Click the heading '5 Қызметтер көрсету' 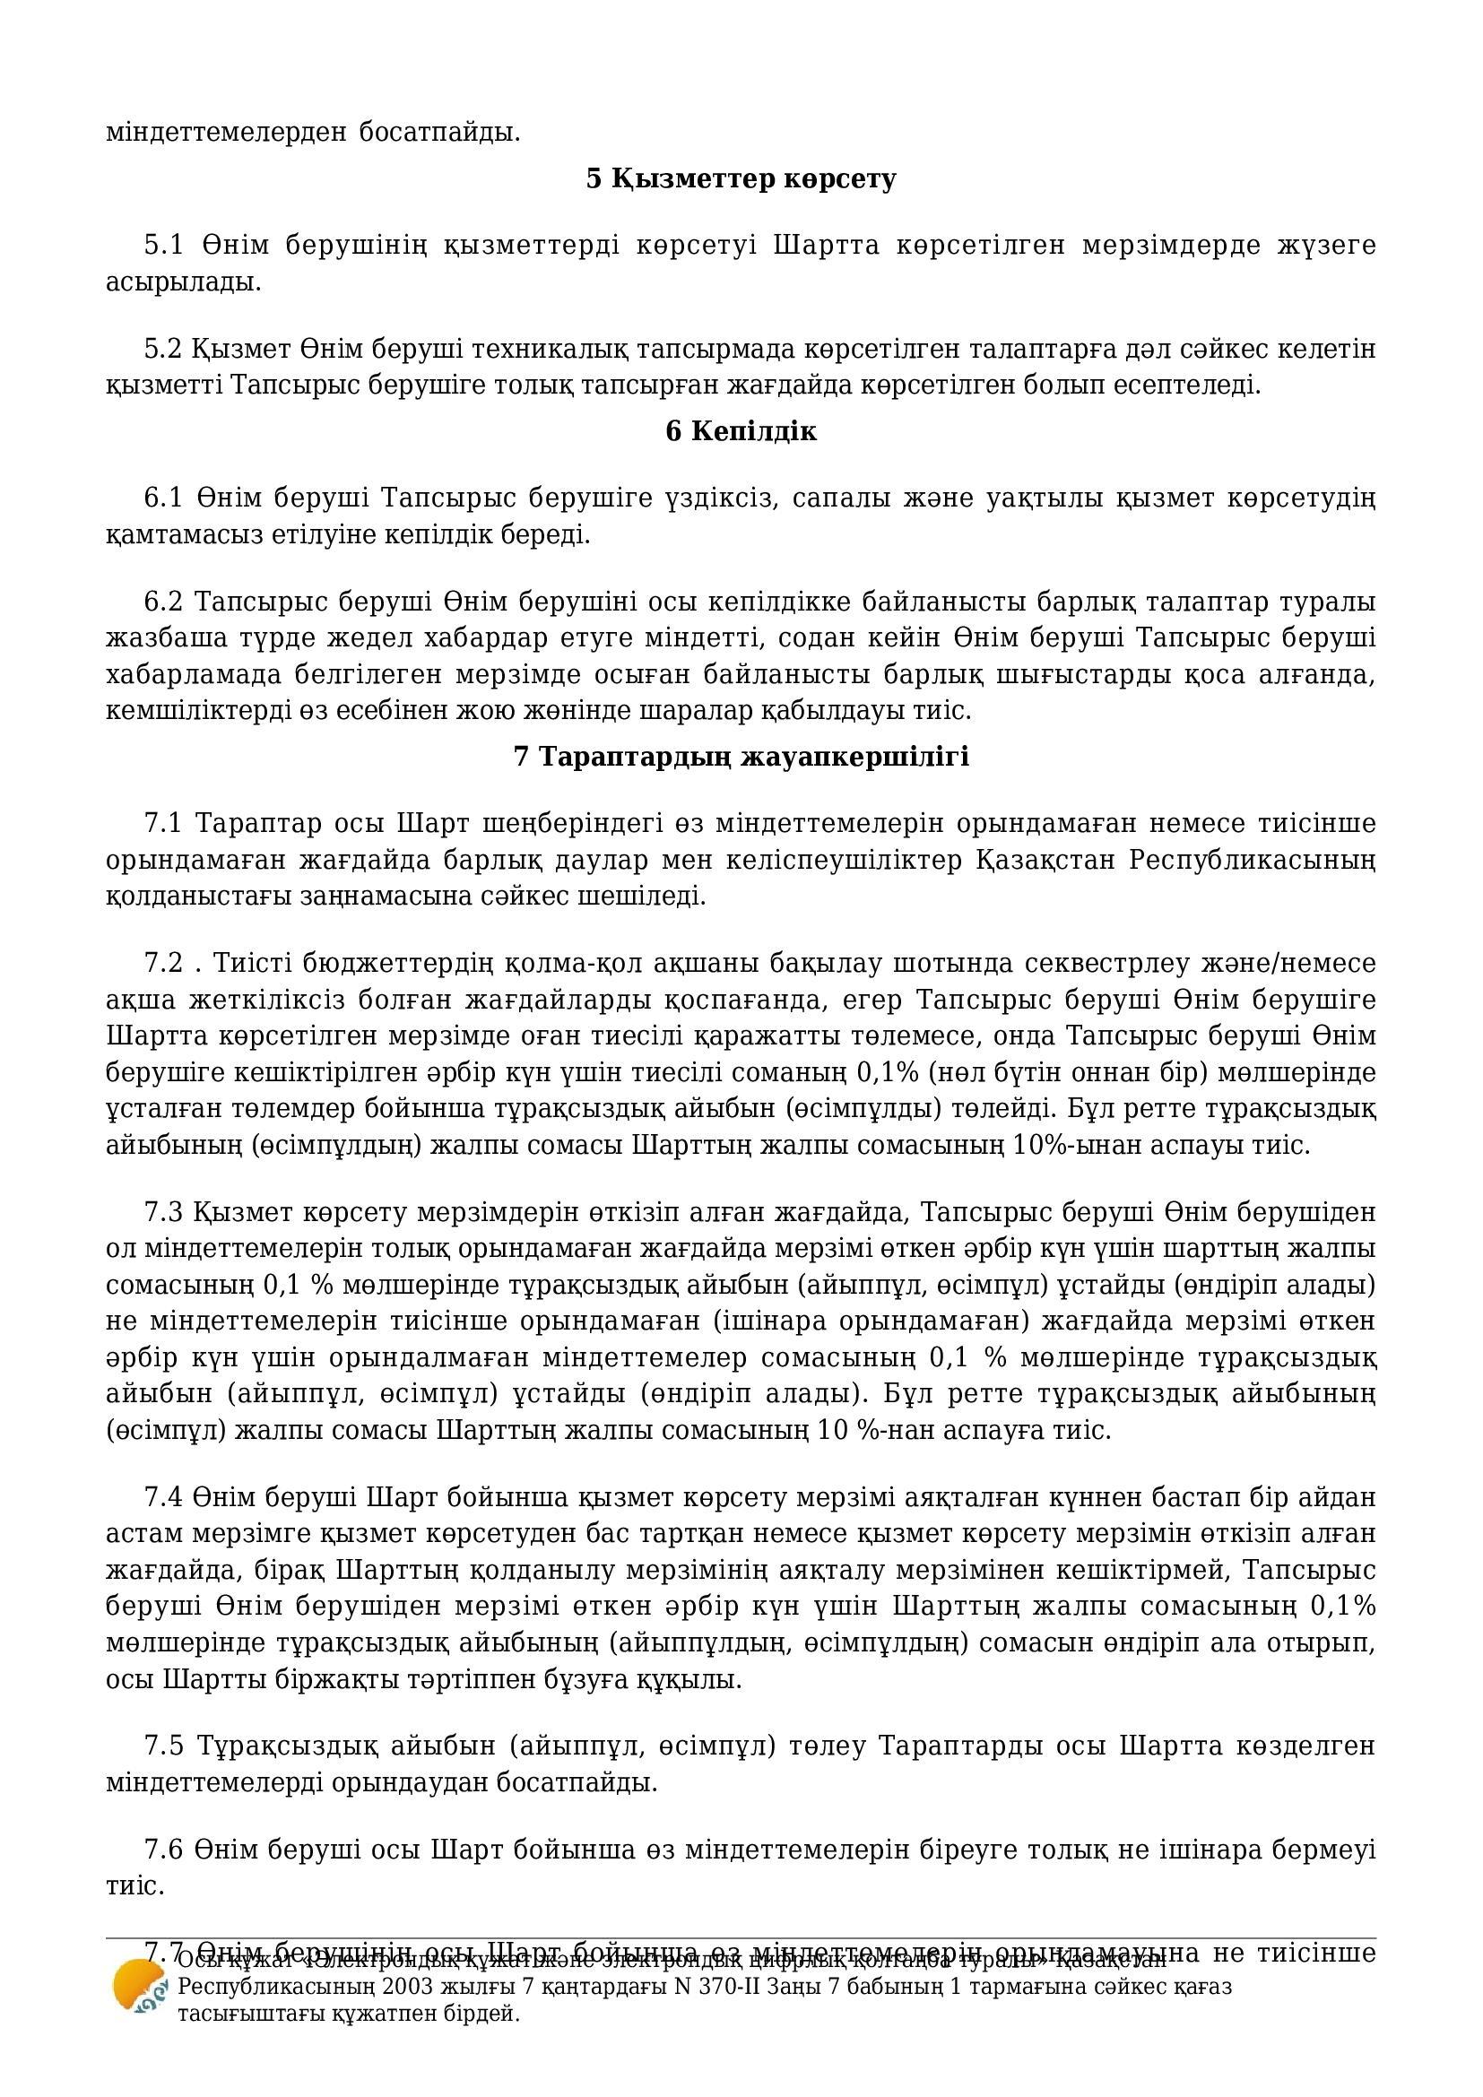pyautogui.click(x=741, y=179)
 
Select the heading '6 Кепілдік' pyautogui.click(x=741, y=431)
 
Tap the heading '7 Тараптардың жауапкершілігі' pyautogui.click(x=741, y=757)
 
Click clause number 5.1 pyautogui.click(x=163, y=246)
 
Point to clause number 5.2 pyautogui.click(x=163, y=349)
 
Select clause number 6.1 pyautogui.click(x=163, y=498)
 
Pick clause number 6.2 pyautogui.click(x=163, y=602)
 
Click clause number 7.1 pyautogui.click(x=163, y=823)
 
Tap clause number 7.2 pyautogui.click(x=163, y=964)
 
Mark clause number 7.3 pyautogui.click(x=163, y=1212)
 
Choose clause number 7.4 pyautogui.click(x=163, y=1498)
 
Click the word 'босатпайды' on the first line pyautogui.click(x=438, y=133)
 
